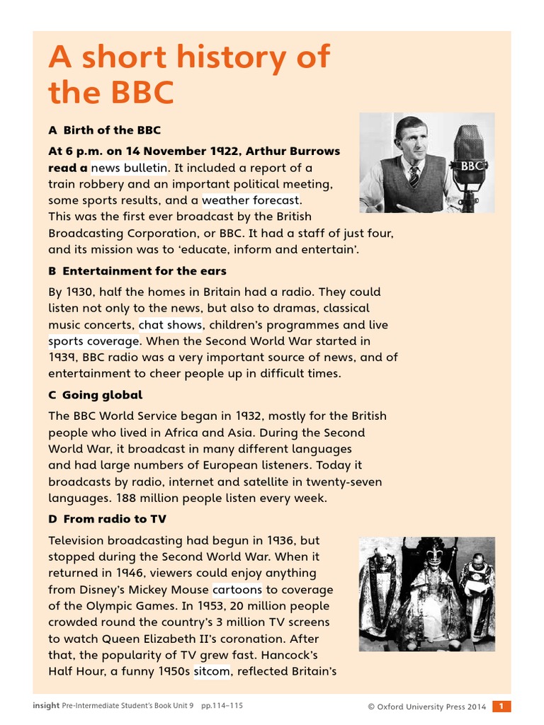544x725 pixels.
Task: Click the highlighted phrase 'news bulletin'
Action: coord(129,168)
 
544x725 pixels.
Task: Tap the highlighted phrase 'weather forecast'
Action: coord(251,200)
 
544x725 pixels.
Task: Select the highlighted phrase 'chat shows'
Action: coord(170,325)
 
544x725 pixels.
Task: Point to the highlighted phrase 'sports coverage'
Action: coord(95,341)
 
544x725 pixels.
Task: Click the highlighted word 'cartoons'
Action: coord(237,589)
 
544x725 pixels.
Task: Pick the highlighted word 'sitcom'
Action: coord(212,671)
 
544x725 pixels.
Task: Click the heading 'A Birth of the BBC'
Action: coord(104,130)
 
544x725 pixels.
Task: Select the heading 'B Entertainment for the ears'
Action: coord(137,271)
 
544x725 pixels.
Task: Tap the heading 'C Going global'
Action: coord(95,395)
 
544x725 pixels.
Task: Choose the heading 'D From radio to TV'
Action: coord(107,519)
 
